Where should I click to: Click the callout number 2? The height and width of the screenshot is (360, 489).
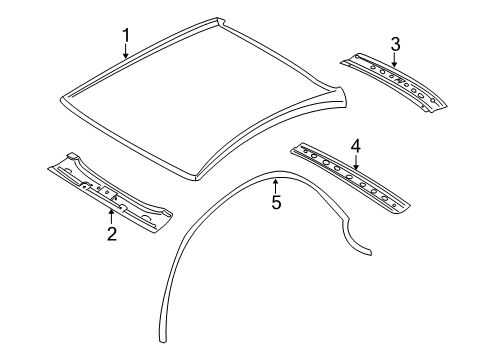pos(112,233)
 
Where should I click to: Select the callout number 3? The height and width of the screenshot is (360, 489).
pos(396,43)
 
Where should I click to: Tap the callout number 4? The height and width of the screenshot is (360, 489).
pos(355,146)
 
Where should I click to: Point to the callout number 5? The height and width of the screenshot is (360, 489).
pos(277,203)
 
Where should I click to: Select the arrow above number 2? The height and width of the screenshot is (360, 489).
pos(112,213)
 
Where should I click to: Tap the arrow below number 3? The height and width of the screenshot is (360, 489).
pos(394,62)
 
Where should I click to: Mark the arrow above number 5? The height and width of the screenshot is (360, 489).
pos(277,185)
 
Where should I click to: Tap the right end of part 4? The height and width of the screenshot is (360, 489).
pos(405,209)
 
